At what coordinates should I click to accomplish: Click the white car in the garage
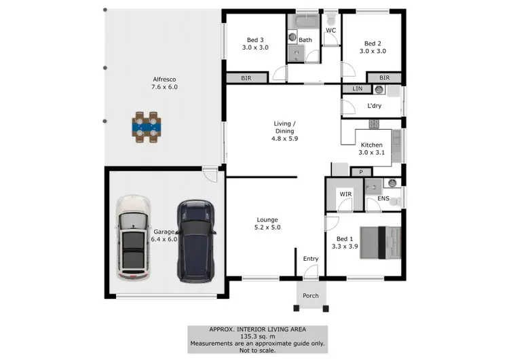coord(132,238)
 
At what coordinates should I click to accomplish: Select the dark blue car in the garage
coord(196,241)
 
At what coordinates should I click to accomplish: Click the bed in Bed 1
coord(380,242)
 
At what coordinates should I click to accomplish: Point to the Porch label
coord(311,295)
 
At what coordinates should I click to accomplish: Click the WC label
coord(331,31)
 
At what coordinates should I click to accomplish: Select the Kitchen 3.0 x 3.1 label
coord(372,149)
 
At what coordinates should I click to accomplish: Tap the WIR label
coord(345,194)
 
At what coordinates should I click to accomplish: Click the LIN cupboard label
coord(357,89)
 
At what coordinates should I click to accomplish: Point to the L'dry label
coord(375,106)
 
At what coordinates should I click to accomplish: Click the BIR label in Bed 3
coord(246,79)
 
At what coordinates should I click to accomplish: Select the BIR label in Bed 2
coord(385,78)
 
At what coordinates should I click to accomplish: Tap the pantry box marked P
coord(361,172)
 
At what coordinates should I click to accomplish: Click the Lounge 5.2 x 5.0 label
coord(267,223)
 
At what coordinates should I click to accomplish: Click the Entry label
coord(311,259)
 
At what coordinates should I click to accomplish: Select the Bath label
coord(305,40)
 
